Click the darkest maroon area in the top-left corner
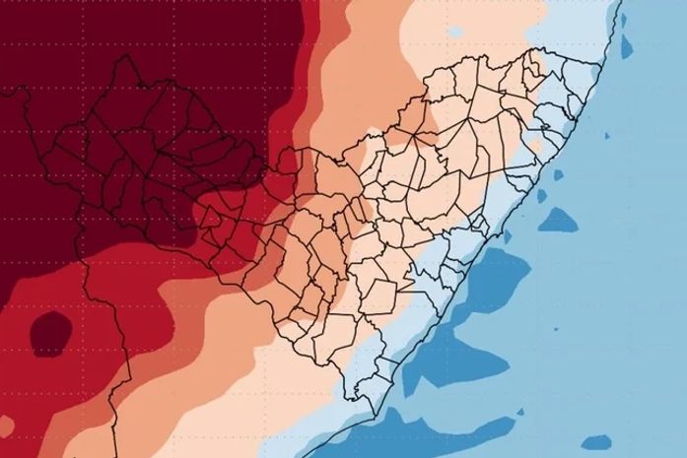(39, 39)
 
